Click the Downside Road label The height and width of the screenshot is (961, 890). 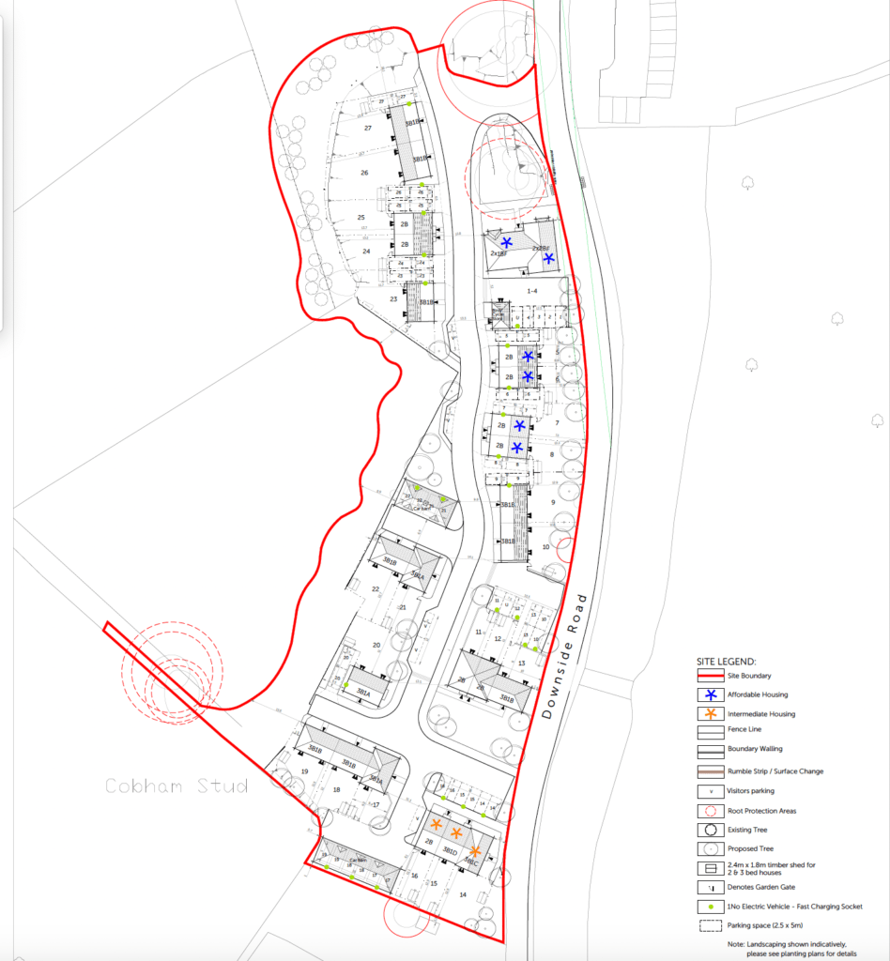[x=565, y=656]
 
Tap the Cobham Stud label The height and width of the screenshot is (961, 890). [x=177, y=786]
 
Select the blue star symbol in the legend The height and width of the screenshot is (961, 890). [x=711, y=694]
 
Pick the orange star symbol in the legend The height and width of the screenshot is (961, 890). [x=711, y=714]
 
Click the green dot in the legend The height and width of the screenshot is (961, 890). [x=711, y=907]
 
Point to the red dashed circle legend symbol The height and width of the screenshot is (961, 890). [x=711, y=810]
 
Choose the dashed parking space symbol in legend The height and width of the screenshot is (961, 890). [x=711, y=925]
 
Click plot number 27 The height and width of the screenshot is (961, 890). [x=368, y=128]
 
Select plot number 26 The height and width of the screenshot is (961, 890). [x=363, y=172]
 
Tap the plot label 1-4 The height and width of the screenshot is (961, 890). [x=532, y=291]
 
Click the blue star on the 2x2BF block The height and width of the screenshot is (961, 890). [x=549, y=258]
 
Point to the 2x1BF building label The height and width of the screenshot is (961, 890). [x=499, y=253]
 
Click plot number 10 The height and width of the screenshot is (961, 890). [x=546, y=546]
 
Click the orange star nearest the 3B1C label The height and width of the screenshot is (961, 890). [x=475, y=851]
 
